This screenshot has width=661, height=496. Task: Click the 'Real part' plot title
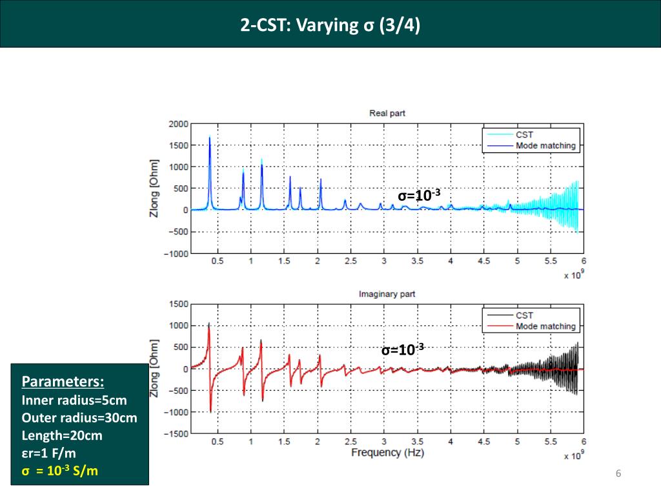click(387, 114)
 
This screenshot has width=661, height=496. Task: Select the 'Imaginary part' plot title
click(387, 294)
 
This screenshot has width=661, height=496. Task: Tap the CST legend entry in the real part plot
click(524, 135)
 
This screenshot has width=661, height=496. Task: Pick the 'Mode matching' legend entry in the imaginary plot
click(545, 326)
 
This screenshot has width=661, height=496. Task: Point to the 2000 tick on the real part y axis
click(178, 124)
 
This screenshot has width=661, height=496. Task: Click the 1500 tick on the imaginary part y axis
click(178, 304)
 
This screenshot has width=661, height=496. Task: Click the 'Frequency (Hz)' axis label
click(387, 453)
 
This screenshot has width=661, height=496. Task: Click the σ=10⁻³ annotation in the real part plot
click(419, 196)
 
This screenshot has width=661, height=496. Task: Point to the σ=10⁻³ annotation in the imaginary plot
click(402, 350)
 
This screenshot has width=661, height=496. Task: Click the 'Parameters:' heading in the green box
click(63, 380)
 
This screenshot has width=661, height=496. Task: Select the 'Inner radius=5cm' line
click(74, 400)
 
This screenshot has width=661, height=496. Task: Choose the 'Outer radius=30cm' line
click(79, 418)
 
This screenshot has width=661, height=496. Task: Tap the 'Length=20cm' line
click(62, 435)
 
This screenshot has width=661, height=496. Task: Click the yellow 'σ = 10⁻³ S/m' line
click(60, 471)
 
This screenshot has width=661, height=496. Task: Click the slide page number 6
click(618, 475)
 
